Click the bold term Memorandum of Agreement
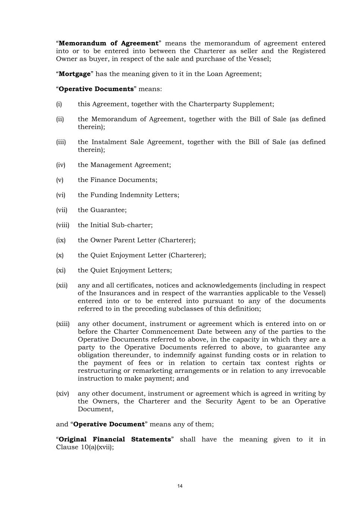tap(109, 43)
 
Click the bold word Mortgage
tap(75, 74)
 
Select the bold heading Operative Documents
tap(96, 89)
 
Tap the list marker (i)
tap(59, 104)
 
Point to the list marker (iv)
tap(60, 165)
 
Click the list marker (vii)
tap(62, 210)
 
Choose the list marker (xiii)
tap(63, 324)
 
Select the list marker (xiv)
tap(62, 394)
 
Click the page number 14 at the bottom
tap(180, 486)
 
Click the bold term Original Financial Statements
tap(115, 439)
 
